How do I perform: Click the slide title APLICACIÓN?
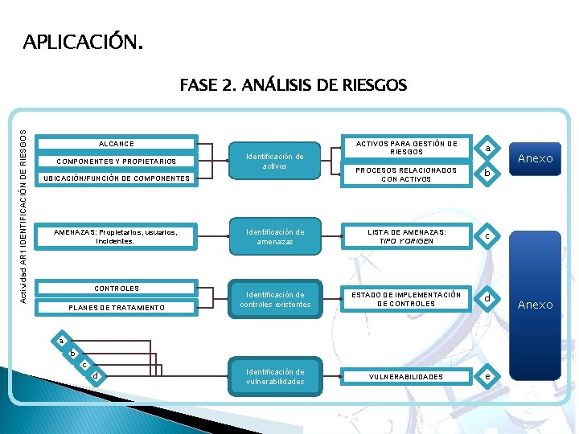[84, 41]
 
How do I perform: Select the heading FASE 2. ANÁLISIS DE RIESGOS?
[294, 84]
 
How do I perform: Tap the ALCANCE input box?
[117, 143]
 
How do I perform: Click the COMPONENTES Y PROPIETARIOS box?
[117, 161]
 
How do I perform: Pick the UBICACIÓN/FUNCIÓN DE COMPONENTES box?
[117, 178]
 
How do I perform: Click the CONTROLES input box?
[117, 289]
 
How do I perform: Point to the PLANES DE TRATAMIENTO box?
[117, 308]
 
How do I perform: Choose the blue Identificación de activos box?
[275, 161]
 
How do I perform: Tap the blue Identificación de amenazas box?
[275, 236]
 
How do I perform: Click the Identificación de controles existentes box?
[275, 299]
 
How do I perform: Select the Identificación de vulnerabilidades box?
[275, 377]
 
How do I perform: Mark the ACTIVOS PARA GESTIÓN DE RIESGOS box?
[406, 147]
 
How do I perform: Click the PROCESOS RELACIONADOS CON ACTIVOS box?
[406, 174]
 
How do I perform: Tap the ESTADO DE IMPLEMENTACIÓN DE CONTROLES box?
[406, 299]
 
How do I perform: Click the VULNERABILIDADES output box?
[406, 377]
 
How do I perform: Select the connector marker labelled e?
[487, 377]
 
